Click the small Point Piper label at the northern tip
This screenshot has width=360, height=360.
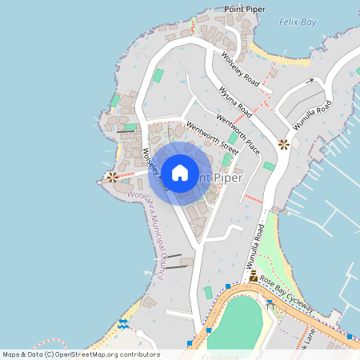click(245, 8)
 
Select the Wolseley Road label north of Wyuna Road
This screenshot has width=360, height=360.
click(240, 68)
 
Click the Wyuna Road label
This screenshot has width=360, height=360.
click(235, 103)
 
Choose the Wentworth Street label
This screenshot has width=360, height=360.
click(212, 137)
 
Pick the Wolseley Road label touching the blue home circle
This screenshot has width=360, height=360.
click(155, 170)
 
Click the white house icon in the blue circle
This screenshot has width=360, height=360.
click(180, 172)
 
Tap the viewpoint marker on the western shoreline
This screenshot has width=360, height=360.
click(113, 177)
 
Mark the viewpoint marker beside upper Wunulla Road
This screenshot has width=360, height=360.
click(283, 144)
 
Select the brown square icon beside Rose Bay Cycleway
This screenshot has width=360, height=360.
click(253, 276)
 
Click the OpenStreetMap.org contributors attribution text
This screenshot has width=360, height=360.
click(114, 354)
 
